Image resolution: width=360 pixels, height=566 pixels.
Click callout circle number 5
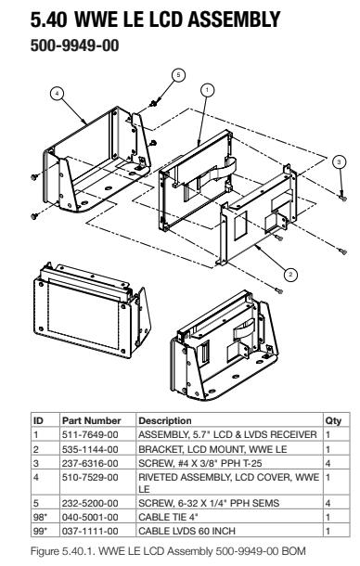178,75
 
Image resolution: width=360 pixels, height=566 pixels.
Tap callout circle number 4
57,94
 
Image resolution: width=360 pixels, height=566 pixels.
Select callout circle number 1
207,90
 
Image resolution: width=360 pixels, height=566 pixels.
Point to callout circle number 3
339,161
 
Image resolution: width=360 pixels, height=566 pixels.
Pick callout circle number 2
291,275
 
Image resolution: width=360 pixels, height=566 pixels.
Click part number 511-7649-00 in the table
90,434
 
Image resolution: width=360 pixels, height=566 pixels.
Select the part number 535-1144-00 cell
90,449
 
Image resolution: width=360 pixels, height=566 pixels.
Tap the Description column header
165,420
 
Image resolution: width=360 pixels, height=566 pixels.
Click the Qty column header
333,420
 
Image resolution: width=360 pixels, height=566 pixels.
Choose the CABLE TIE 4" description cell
168,517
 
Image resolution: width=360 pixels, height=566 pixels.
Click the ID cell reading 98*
40,517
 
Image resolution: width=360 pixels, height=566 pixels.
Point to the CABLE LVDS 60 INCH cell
186,531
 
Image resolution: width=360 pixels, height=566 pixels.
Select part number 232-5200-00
90,503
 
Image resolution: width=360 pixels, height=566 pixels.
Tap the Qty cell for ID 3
328,463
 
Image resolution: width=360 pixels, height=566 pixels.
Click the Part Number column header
91,420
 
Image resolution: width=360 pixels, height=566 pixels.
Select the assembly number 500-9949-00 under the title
75,45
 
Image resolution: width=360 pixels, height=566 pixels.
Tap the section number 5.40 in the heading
48,19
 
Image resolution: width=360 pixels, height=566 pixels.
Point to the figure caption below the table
168,551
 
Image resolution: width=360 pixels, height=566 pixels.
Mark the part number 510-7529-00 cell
90,477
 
